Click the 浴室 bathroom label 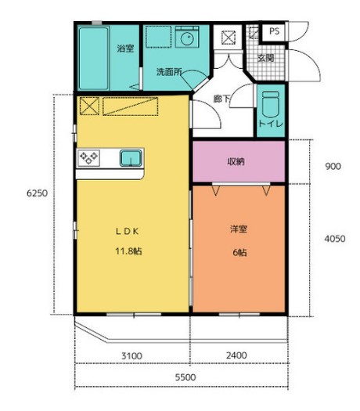click(125, 49)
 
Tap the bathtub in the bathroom click(94, 58)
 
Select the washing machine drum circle click(187, 40)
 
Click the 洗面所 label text click(169, 72)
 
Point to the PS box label click(275, 31)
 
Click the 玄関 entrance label click(265, 58)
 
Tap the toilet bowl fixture click(271, 104)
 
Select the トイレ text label click(271, 124)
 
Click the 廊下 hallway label click(221, 99)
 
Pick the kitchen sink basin click(131, 158)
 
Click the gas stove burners click(88, 158)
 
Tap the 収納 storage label click(236, 162)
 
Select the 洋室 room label click(239, 229)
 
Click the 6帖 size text click(239, 253)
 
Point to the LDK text click(128, 231)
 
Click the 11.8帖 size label click(128, 251)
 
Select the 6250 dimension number click(38, 193)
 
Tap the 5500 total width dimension click(185, 377)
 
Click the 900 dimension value click(333, 167)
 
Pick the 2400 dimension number click(236, 355)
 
